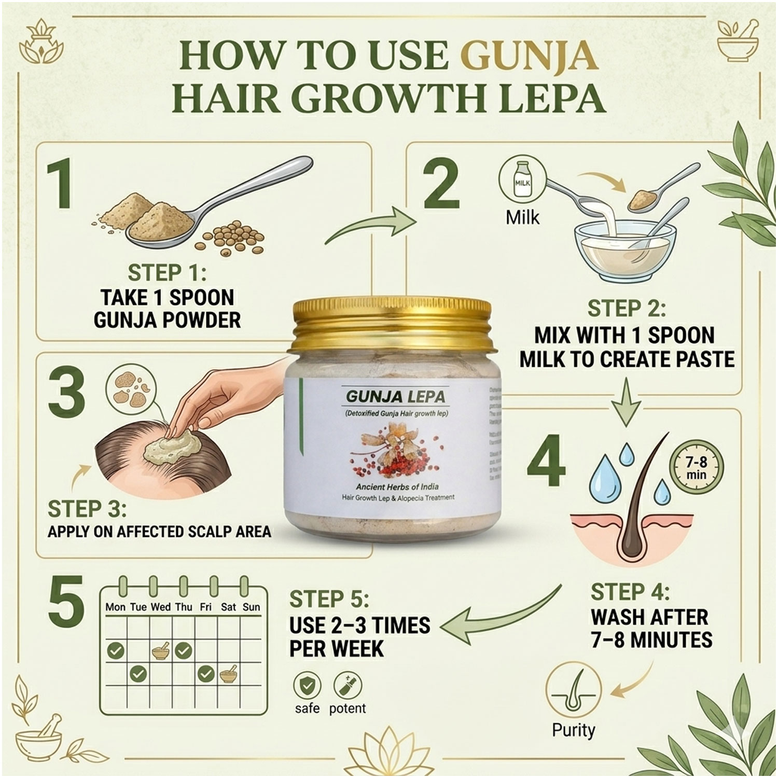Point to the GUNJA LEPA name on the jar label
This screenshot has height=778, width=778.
396,397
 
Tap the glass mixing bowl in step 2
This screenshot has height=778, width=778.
624,253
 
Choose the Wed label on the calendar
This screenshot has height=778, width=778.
161,607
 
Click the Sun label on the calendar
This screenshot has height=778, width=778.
252,607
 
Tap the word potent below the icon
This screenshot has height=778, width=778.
348,708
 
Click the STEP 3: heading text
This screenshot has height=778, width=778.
87,509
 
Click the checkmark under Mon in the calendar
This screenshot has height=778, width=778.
115,651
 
